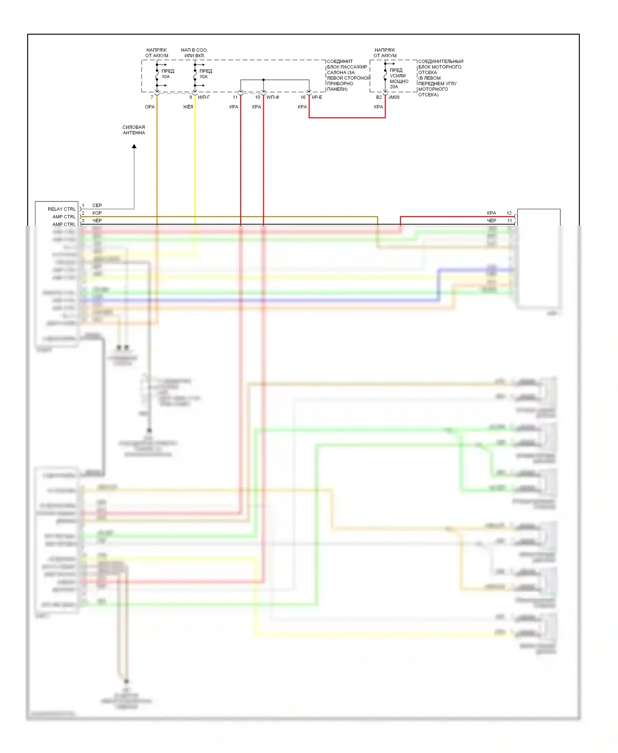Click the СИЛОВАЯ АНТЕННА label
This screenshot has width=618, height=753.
[134, 130]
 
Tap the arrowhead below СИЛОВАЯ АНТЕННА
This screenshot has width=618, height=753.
[134, 146]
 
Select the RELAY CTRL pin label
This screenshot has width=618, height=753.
[62, 209]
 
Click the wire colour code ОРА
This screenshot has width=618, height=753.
[150, 107]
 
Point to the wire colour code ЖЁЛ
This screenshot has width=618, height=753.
[188, 107]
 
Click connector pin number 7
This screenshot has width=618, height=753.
[152, 98]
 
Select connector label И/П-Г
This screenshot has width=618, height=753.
[204, 98]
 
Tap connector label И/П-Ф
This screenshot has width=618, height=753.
[273, 98]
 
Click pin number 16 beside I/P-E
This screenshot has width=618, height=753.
[303, 98]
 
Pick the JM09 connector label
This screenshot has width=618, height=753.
[394, 98]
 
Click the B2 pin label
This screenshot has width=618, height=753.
[379, 98]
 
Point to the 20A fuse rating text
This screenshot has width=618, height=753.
[394, 87]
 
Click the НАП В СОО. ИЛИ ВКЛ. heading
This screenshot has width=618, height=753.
[194, 53]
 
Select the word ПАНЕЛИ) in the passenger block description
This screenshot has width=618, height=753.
[337, 89]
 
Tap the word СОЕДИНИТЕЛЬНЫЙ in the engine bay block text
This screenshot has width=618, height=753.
[441, 61]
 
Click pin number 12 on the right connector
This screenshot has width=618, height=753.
[509, 213]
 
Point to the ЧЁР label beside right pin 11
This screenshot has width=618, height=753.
[492, 221]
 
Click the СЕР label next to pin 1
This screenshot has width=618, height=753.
[97, 206]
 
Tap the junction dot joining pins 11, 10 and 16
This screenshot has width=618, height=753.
[263, 80]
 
